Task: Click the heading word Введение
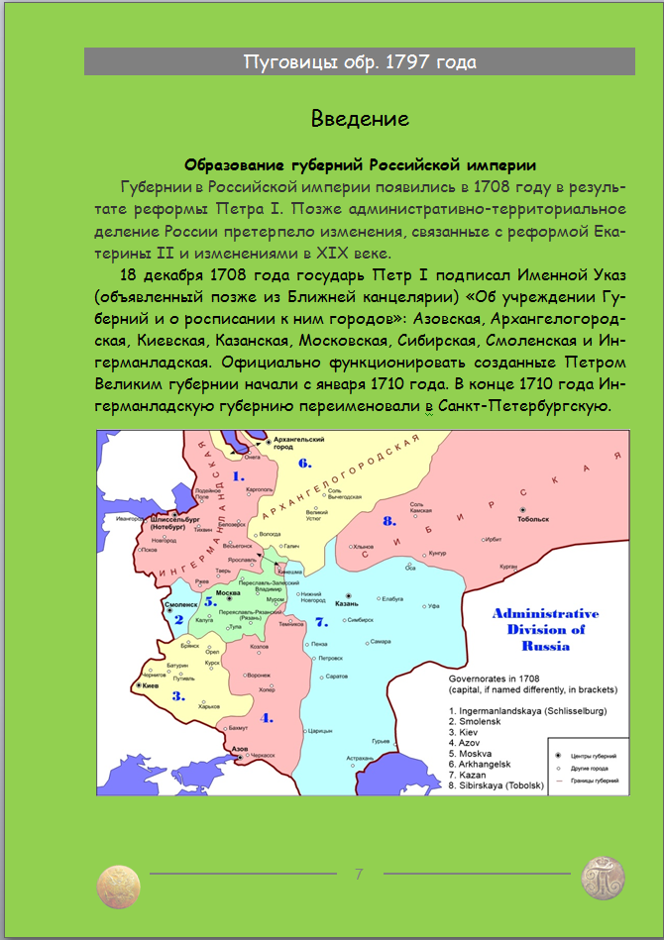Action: tap(360, 120)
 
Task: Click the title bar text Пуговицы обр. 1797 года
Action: tap(360, 62)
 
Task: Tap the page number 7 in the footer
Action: tap(359, 874)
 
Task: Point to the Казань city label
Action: tap(346, 603)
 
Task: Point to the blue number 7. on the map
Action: tap(321, 622)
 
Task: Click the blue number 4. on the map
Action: tap(266, 716)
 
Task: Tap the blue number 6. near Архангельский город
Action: tap(305, 463)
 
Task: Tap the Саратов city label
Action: tap(336, 676)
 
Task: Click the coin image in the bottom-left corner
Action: tap(119, 884)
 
